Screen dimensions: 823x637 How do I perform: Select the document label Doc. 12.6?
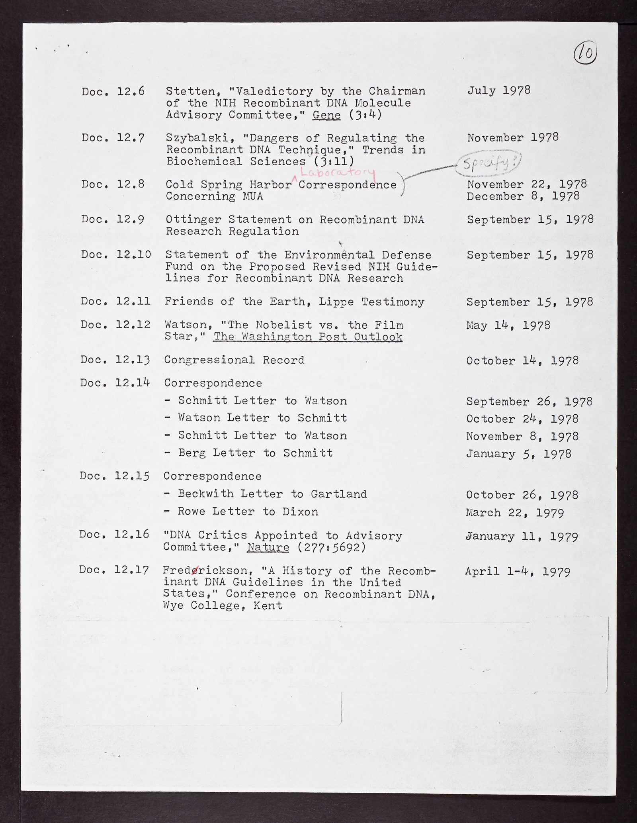tap(113, 91)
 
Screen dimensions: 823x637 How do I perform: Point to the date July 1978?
tap(499, 90)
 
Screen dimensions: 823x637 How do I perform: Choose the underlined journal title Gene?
tap(326, 115)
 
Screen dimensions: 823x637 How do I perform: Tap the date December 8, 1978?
tap(523, 196)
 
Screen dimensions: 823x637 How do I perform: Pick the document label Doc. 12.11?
tap(115, 301)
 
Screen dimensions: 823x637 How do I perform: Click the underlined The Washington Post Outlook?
tap(308, 337)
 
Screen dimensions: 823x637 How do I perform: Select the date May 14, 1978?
tap(508, 325)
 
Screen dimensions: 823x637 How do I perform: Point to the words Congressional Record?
tap(234, 360)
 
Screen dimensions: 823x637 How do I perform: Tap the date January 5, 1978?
tap(518, 454)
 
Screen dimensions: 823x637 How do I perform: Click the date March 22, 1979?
tap(515, 512)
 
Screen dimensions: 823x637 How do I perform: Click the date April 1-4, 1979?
tap(517, 572)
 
